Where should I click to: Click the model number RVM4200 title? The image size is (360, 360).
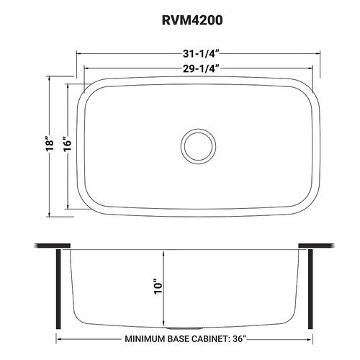192,20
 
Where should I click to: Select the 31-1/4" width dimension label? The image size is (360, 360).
201,54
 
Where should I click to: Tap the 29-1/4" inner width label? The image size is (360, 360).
201,69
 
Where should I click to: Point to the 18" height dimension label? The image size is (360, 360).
50,144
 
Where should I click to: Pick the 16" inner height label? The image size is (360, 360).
68,144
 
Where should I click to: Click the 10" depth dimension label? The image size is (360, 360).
158,287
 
